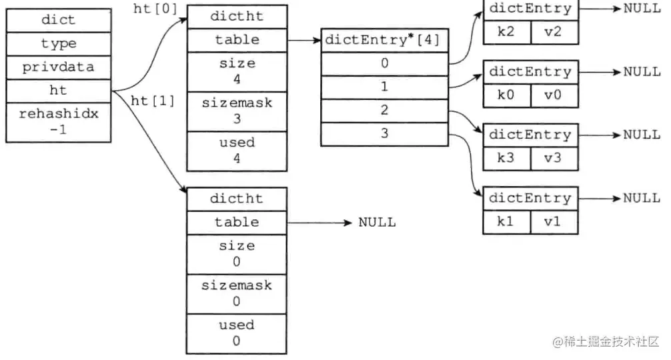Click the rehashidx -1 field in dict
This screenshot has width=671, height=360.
[59, 121]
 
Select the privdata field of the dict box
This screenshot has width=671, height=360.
[59, 67]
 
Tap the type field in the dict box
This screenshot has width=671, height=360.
[59, 44]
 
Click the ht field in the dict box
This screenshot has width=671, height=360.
[59, 91]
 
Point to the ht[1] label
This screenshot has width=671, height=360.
[153, 101]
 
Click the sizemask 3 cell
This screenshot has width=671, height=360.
[237, 111]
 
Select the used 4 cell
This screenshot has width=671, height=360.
[237, 150]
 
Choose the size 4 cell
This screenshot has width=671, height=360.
[237, 71]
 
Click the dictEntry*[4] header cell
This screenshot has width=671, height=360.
[384, 40]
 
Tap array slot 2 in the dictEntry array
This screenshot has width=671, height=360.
[384, 110]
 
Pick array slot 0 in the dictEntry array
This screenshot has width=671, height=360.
[384, 64]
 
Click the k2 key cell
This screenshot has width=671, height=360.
[506, 31]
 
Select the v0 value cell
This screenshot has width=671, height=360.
[554, 95]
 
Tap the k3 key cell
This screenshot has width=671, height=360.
[506, 158]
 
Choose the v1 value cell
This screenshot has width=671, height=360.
[554, 221]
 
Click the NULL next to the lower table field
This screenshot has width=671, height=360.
[377, 222]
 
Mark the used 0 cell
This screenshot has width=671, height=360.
[237, 333]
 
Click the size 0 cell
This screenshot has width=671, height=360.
[237, 254]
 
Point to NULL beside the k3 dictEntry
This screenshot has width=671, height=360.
[642, 135]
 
